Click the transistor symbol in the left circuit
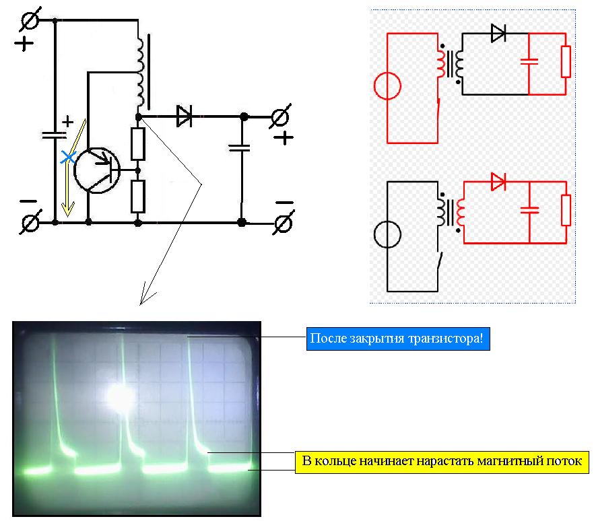(x=97, y=170)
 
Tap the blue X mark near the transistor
(x=68, y=156)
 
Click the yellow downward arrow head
(x=68, y=209)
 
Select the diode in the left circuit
(x=185, y=116)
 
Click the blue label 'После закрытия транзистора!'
(x=398, y=339)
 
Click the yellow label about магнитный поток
(x=442, y=462)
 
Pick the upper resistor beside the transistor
(x=138, y=144)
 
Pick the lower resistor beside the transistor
(x=138, y=197)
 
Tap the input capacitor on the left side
(x=55, y=135)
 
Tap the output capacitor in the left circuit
(x=240, y=147)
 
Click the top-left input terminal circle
(x=30, y=20)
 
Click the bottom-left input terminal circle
(x=30, y=222)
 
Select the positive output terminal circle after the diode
(x=280, y=116)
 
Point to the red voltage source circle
(x=387, y=86)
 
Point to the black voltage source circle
(x=387, y=234)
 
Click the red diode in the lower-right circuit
(x=498, y=182)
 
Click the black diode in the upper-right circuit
(x=498, y=34)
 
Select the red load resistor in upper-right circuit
(x=566, y=62)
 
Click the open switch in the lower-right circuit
(x=440, y=261)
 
